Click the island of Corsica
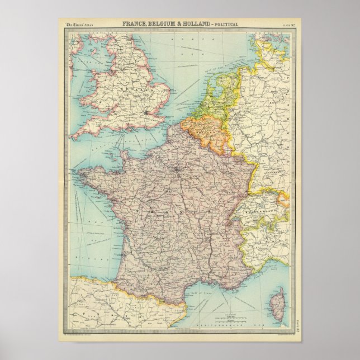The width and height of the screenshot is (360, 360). click(278, 296)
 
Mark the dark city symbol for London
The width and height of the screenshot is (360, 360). click(147, 113)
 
